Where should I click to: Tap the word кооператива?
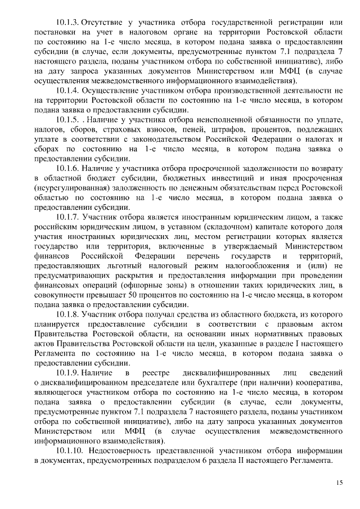tap(316, 382)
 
